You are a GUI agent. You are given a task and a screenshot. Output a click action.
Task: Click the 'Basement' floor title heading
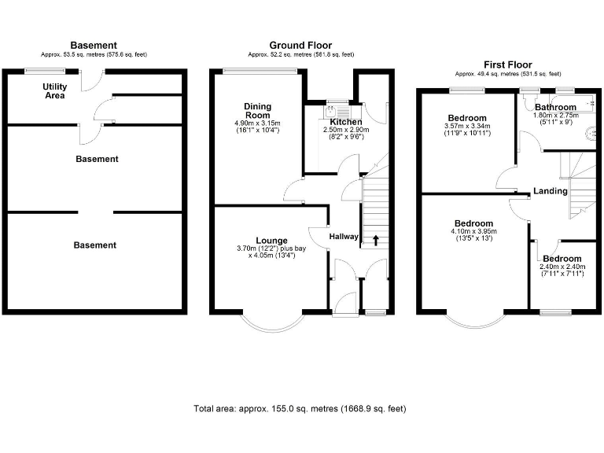94,46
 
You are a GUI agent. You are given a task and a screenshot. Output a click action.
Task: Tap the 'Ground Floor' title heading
300,46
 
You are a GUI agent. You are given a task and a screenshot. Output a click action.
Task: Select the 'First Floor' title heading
507,64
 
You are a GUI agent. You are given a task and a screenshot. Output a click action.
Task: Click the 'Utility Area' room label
54,90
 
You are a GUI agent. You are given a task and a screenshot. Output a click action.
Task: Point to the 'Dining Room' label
257,111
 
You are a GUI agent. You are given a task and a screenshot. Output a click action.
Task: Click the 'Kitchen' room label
346,122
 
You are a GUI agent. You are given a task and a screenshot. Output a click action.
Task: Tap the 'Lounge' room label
271,240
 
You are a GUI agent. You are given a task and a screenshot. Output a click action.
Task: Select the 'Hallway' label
344,236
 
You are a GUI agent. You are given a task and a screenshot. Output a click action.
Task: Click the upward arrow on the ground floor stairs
375,239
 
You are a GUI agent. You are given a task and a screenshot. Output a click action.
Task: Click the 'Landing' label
550,191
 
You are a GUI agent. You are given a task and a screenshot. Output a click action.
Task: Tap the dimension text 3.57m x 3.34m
467,127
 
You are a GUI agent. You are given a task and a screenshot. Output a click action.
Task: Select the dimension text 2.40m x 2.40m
562,267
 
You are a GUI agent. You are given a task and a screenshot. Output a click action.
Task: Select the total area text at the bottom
300,409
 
